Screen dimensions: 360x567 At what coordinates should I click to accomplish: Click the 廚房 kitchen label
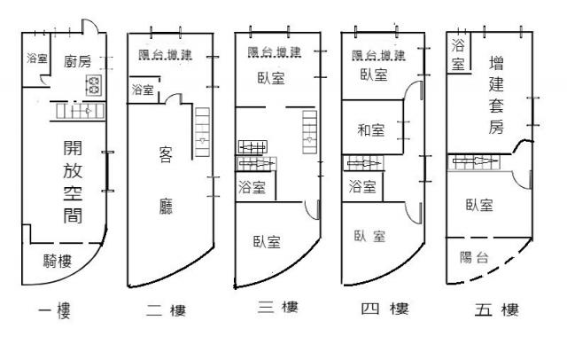pos(78,61)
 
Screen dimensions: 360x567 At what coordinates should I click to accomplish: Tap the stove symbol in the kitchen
pos(92,85)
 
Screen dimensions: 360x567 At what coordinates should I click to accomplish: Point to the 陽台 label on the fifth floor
pos(477,257)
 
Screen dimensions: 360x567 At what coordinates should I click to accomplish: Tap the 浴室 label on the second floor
pos(142,90)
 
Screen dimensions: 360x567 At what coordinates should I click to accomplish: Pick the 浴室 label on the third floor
pos(252,187)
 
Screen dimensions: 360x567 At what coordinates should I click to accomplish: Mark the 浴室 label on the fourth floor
pos(361,187)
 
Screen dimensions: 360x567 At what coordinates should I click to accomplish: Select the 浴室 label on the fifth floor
pos(458,54)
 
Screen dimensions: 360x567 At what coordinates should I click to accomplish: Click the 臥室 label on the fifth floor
pos(479,206)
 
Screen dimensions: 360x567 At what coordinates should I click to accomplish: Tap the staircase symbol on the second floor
pos(202,127)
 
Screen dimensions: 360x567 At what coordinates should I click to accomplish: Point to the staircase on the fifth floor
pos(478,161)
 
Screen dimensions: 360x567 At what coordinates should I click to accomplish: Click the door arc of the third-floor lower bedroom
pos(312,208)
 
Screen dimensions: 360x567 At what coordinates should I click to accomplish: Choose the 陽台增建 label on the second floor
pos(171,55)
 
